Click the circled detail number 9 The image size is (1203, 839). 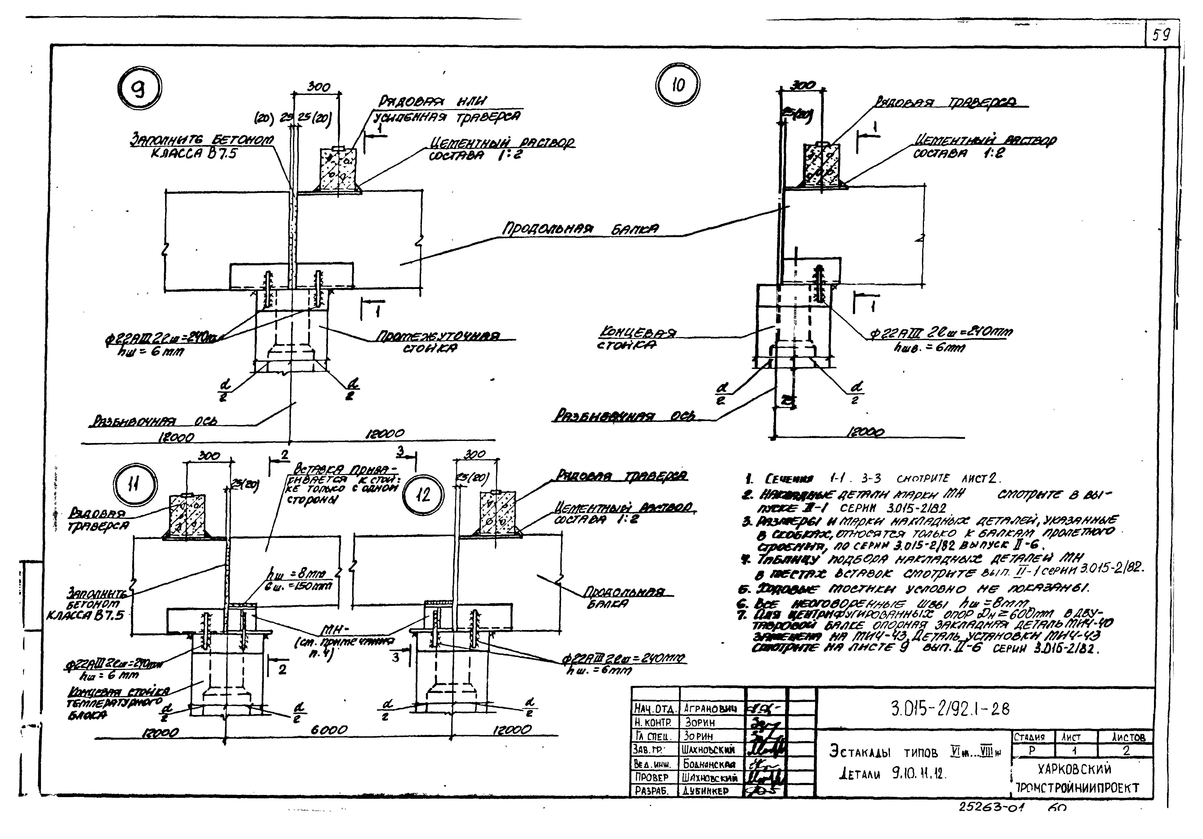click(x=139, y=90)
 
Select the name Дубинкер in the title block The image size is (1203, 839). click(x=706, y=791)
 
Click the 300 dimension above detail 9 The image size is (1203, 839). click(x=318, y=87)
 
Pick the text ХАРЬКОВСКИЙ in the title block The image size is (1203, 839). click(x=1074, y=769)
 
